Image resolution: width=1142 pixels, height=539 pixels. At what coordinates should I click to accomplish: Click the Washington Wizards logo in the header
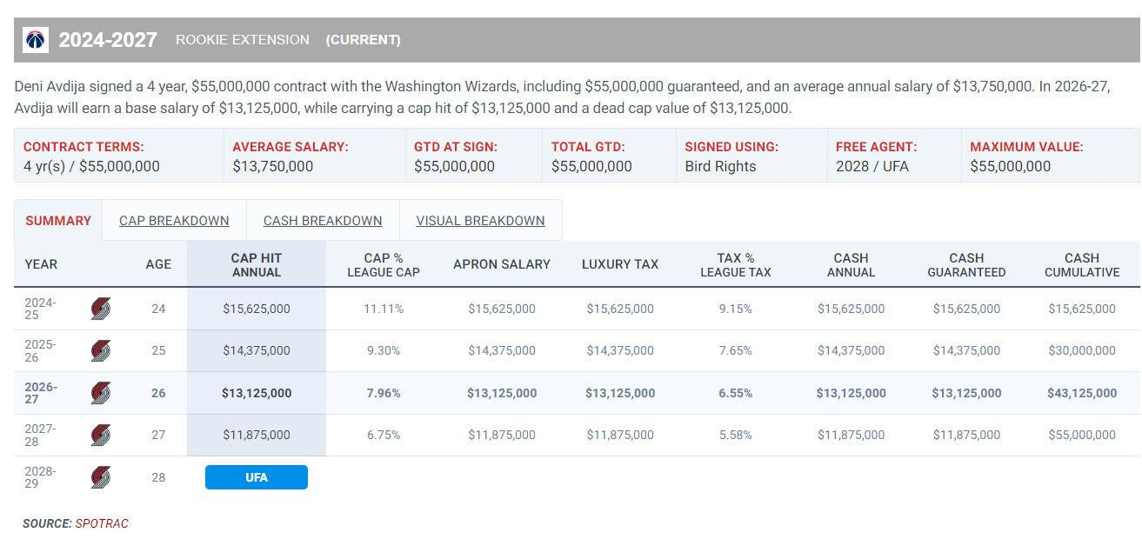tap(35, 40)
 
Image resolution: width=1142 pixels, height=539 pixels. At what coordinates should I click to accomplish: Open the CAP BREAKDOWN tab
tap(174, 221)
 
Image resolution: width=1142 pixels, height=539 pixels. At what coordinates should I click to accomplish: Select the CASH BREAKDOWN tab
tap(323, 221)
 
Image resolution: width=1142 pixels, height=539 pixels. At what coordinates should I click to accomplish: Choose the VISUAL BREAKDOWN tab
tap(480, 221)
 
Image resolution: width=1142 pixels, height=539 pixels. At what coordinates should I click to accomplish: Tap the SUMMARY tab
tap(58, 221)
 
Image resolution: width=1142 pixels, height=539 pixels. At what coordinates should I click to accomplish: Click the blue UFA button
tap(257, 477)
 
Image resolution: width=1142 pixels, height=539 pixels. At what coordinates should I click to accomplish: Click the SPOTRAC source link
tap(102, 523)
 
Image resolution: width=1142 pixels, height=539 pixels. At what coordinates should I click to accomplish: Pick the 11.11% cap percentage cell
tap(384, 309)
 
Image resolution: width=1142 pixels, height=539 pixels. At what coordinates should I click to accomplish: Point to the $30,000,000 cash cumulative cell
tap(1082, 350)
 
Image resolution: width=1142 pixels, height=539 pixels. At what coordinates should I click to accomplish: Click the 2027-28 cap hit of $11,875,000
tap(257, 435)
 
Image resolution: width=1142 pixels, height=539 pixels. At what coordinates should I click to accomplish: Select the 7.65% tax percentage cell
tap(735, 350)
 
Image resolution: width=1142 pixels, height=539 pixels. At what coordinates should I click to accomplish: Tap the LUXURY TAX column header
tap(620, 264)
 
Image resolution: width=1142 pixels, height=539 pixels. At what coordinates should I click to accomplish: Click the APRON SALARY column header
tap(502, 264)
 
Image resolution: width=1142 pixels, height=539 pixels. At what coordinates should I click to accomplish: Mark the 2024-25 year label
tap(40, 309)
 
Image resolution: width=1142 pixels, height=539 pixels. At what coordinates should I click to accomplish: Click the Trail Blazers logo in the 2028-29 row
tap(100, 477)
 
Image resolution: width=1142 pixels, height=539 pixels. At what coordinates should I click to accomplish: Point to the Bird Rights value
tap(720, 166)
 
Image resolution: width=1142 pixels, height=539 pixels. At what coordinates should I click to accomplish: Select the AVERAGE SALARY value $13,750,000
tap(273, 166)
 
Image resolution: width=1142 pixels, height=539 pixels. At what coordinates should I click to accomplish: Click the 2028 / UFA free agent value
tap(872, 166)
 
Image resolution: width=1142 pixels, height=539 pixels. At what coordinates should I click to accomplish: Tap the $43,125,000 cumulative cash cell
tap(1082, 393)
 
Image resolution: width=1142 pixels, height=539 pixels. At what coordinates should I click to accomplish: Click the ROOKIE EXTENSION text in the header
tap(243, 40)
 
